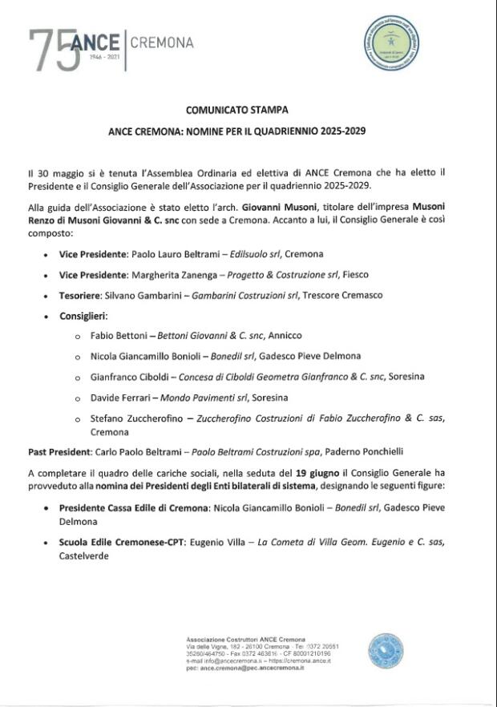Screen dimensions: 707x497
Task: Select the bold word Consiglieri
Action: (83, 317)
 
